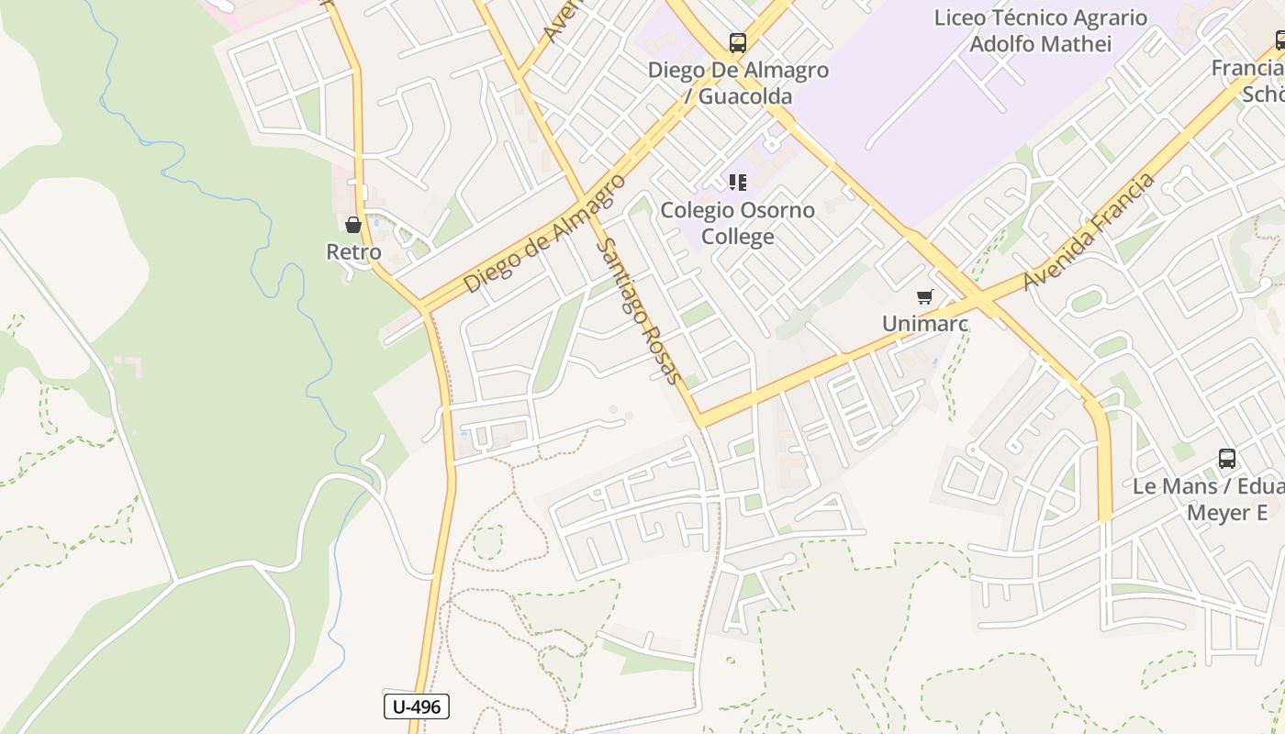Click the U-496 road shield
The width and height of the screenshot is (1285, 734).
tap(416, 706)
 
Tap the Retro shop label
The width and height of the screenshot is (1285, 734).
tap(353, 251)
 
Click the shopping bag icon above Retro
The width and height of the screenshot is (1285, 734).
tap(353, 225)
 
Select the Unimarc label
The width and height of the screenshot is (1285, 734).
tap(925, 324)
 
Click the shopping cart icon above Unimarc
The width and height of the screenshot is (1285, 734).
tap(925, 297)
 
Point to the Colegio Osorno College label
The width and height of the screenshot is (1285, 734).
tap(738, 223)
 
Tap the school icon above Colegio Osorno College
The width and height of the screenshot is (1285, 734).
tap(738, 183)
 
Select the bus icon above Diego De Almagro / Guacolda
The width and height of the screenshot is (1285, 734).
tap(738, 42)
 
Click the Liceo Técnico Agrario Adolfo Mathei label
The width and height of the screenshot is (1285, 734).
tap(1041, 30)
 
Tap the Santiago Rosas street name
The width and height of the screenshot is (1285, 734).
tap(639, 311)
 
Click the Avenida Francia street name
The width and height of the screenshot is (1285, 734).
tap(1089, 232)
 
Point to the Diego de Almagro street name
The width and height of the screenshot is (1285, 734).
tap(544, 233)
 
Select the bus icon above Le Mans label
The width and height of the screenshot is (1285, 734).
tap(1226, 459)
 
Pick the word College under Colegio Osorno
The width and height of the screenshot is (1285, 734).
tap(738, 237)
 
